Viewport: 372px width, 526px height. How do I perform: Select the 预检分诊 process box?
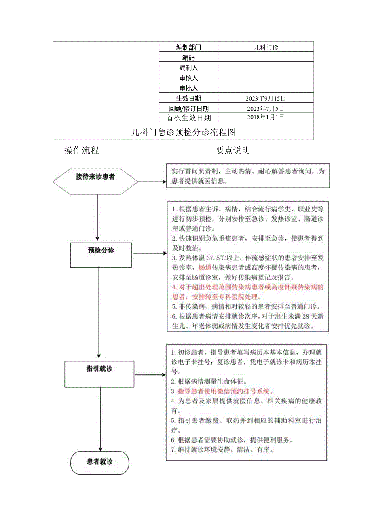101,255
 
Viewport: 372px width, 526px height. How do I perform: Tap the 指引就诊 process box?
99,373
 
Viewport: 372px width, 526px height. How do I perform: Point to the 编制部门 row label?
188,47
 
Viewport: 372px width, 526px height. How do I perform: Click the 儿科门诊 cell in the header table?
266,47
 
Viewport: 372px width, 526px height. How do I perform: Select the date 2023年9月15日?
266,98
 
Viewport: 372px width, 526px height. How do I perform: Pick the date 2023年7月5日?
266,108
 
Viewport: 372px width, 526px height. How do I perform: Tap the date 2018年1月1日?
266,117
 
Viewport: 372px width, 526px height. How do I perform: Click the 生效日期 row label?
188,98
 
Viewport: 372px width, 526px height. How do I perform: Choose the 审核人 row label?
188,78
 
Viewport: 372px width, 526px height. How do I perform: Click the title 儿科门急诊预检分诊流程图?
184,132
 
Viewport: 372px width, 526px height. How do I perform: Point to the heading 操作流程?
82,150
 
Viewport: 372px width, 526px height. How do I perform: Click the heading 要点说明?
232,150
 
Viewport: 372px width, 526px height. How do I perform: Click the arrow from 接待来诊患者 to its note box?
152,181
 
